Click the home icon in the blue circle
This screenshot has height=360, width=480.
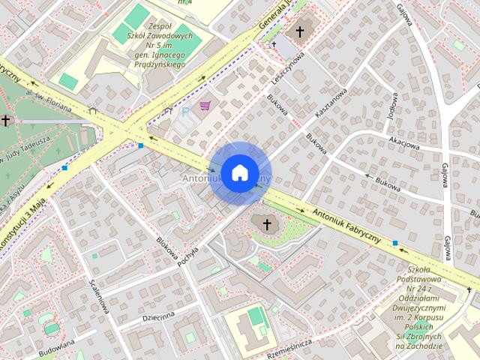click(x=239, y=172)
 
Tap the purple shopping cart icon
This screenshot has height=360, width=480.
click(x=205, y=106)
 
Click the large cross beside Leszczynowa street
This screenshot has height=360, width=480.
click(x=300, y=32)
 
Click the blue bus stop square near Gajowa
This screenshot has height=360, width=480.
click(x=395, y=243)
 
